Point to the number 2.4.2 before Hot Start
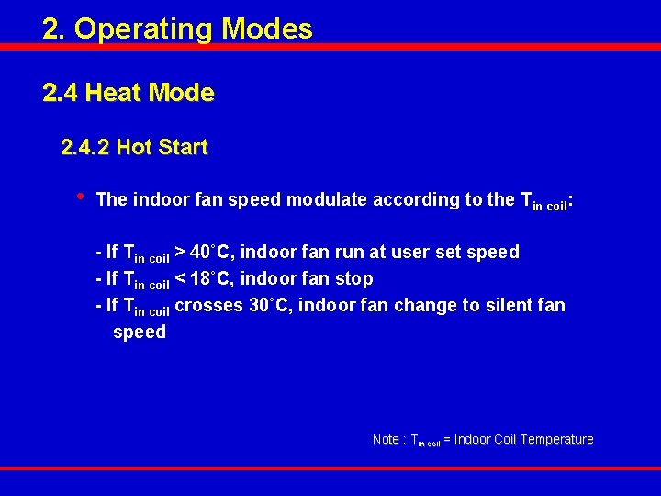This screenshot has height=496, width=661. [x=84, y=147]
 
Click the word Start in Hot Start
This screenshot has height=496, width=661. [x=183, y=147]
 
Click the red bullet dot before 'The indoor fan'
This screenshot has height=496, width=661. [x=81, y=196]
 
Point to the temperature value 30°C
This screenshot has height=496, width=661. [x=270, y=305]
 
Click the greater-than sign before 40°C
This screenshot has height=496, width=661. [x=180, y=252]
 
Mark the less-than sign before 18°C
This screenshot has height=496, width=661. [x=180, y=278]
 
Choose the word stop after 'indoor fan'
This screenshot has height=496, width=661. [x=354, y=278]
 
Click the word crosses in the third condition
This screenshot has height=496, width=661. [x=208, y=305]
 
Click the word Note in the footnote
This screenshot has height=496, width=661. [x=386, y=439]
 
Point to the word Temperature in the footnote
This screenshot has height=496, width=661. [x=556, y=439]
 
